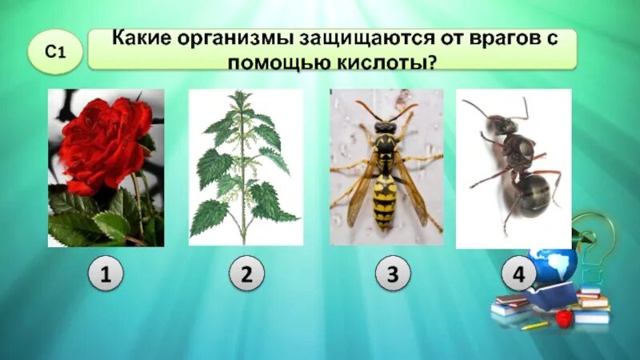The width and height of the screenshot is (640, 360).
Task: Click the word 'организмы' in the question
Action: coord(220,38)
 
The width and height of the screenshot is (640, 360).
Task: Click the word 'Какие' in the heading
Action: coord(137,38)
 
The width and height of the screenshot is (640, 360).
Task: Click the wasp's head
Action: coord(386,127)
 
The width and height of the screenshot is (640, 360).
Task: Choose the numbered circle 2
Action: coord(246,275)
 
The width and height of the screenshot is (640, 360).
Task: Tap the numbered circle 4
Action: coord(518,275)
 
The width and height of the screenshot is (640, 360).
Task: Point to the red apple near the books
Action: coord(564,319)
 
